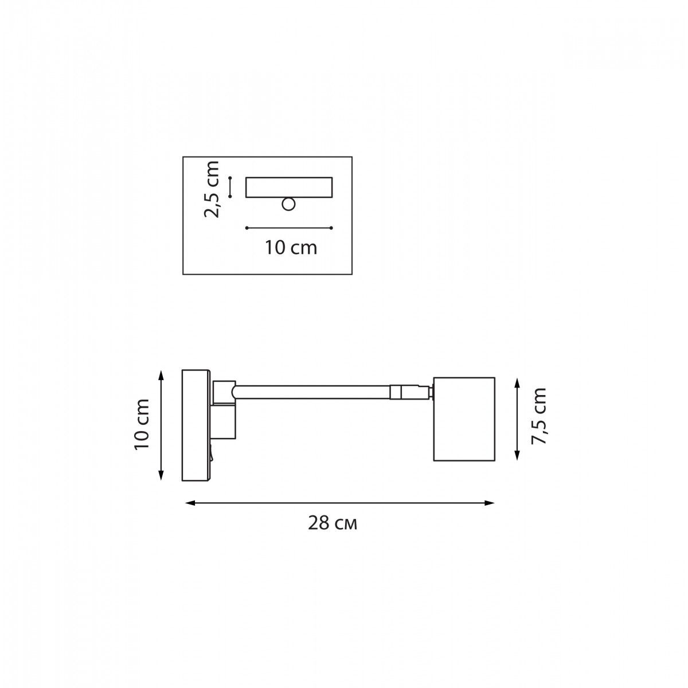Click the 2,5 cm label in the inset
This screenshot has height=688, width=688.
[211, 189]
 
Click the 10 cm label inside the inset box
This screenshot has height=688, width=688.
[291, 248]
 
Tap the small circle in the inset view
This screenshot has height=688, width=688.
[288, 205]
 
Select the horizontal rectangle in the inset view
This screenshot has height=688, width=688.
[289, 187]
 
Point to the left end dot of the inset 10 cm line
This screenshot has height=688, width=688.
[247, 228]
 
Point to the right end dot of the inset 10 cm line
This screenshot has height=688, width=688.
[331, 228]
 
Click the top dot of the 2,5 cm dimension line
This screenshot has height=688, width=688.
[230, 178]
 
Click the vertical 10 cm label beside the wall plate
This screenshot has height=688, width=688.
[142, 424]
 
